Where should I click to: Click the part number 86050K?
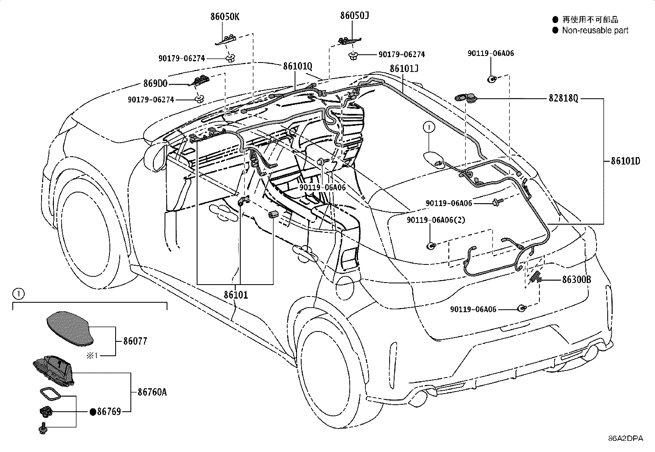225,17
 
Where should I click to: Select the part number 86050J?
354,16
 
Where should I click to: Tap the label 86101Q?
297,66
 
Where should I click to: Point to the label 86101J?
404,68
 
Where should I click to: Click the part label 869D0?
155,83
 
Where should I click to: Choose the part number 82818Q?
564,98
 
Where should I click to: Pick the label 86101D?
625,161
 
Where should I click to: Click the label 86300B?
577,280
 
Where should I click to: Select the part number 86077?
135,341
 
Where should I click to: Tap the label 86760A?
152,392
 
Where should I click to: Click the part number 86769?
109,412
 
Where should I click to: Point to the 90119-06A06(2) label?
436,220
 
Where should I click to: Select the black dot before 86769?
93,412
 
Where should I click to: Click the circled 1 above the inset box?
19,294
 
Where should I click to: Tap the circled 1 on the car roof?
429,127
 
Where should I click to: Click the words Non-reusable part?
595,30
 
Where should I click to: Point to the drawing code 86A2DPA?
626,438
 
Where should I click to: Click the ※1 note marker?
92,355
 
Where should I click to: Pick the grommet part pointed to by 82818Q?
466,98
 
